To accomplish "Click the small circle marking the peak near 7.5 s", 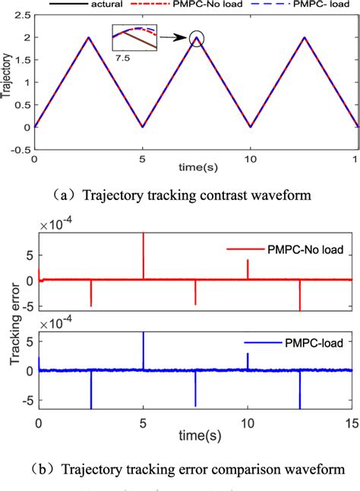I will point(197,38).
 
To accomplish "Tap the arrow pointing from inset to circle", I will point(173,36).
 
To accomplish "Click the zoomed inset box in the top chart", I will point(137,37).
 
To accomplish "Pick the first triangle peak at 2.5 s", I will point(88,37).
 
